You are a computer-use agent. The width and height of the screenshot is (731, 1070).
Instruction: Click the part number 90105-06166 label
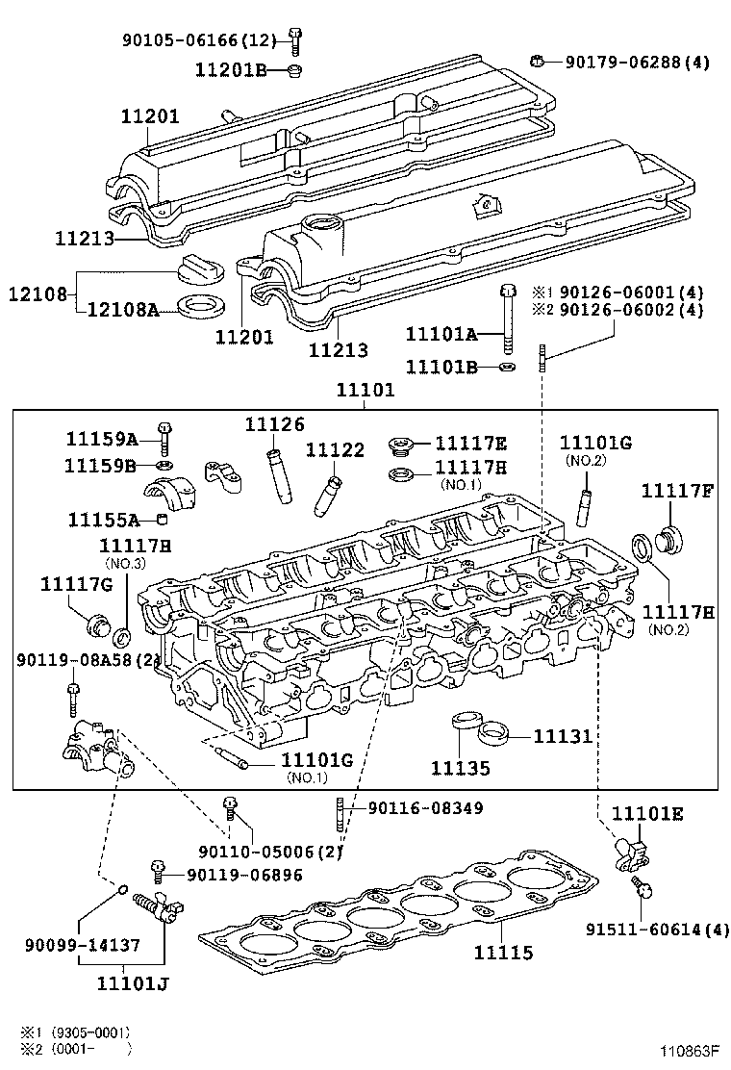pos(198,39)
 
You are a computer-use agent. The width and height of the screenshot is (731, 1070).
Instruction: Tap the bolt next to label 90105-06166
pos(294,39)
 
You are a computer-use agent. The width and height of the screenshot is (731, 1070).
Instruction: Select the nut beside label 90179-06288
pos(539,63)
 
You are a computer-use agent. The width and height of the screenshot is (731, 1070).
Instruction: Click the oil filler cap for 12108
pos(201,268)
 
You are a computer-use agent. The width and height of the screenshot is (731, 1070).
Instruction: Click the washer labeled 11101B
pos(508,367)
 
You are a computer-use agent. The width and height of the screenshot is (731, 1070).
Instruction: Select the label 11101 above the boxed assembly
pos(365,392)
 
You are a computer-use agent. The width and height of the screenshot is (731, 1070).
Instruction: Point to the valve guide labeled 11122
pos(329,490)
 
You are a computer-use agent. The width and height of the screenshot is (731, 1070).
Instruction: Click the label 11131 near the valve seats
pos(564,736)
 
